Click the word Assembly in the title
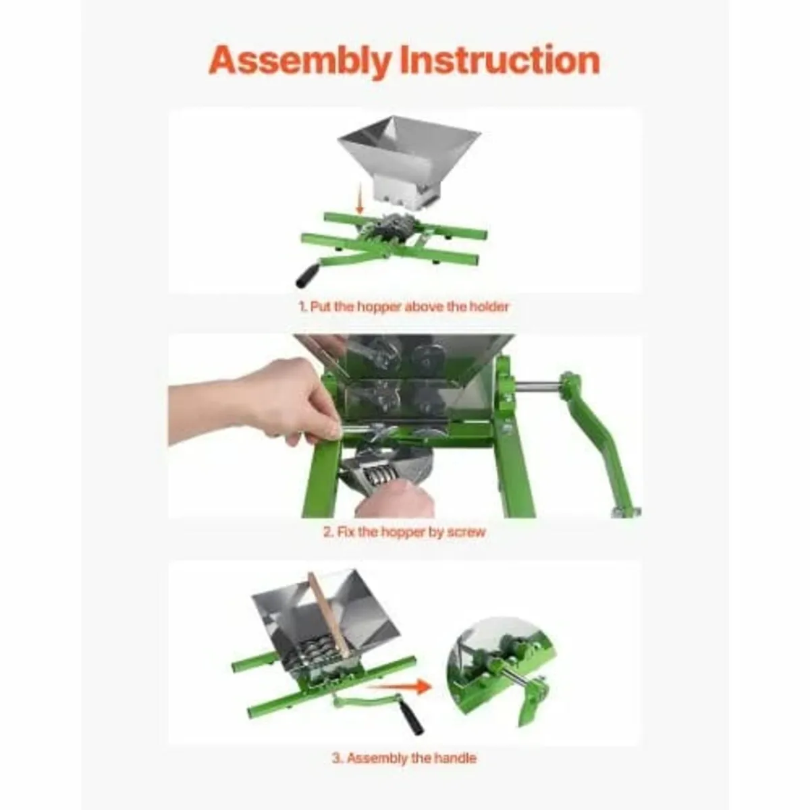click(x=300, y=61)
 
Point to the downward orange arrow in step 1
click(x=360, y=201)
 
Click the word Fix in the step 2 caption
click(x=344, y=532)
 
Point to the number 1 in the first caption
click(x=302, y=306)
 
